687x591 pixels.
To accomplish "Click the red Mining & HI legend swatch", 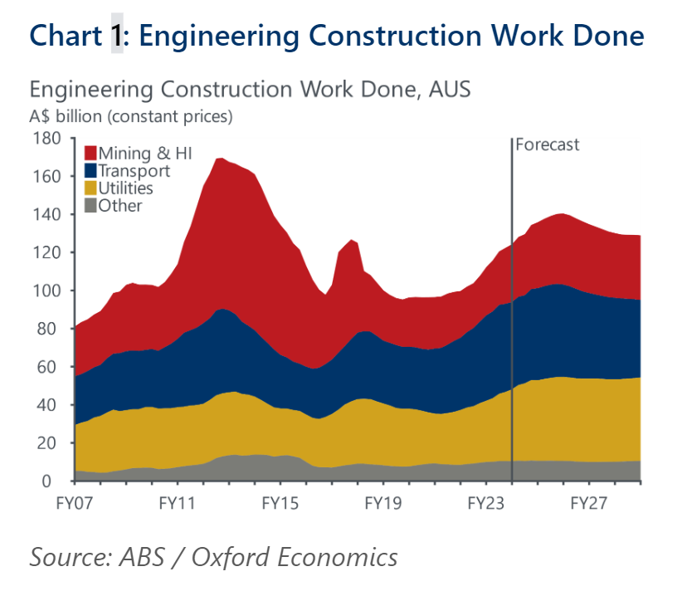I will pos(90,153).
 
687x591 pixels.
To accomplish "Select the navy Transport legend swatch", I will pos(90,170).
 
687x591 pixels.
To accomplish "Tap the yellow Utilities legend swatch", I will pos(90,188).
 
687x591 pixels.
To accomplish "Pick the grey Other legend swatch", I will pos(90,206).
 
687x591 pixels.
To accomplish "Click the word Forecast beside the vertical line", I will pos(548,144).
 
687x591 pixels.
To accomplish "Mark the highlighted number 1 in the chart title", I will pos(116,37).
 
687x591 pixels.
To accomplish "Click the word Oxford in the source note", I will pos(235,556).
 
